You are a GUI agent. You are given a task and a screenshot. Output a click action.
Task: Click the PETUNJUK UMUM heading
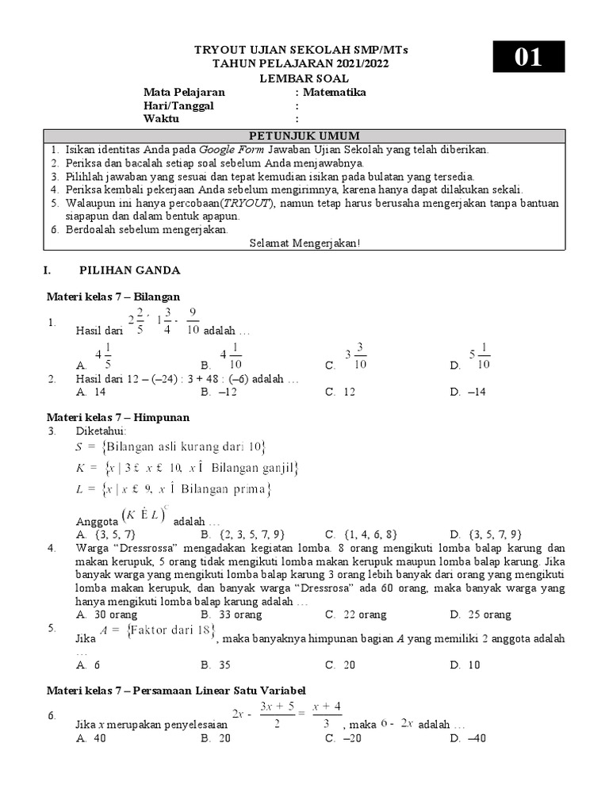[304, 136]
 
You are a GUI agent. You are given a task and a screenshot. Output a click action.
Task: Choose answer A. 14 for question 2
[91, 392]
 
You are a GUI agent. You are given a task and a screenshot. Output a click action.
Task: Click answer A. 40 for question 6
[91, 738]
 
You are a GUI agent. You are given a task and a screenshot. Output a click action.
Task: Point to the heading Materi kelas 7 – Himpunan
[118, 416]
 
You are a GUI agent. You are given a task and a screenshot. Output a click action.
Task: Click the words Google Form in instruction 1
[232, 149]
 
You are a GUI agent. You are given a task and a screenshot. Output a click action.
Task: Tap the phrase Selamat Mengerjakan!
[304, 243]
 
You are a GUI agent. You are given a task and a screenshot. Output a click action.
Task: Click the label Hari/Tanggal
[178, 105]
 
